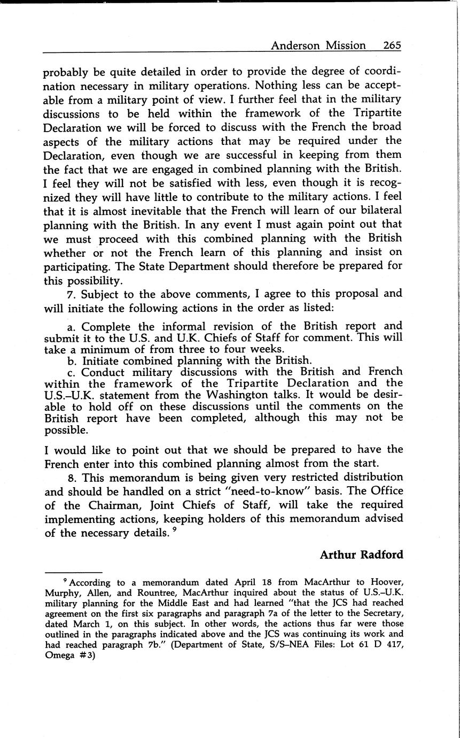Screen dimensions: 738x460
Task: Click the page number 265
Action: point(392,45)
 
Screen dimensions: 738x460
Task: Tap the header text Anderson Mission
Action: point(318,45)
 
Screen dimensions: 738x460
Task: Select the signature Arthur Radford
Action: point(361,555)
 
